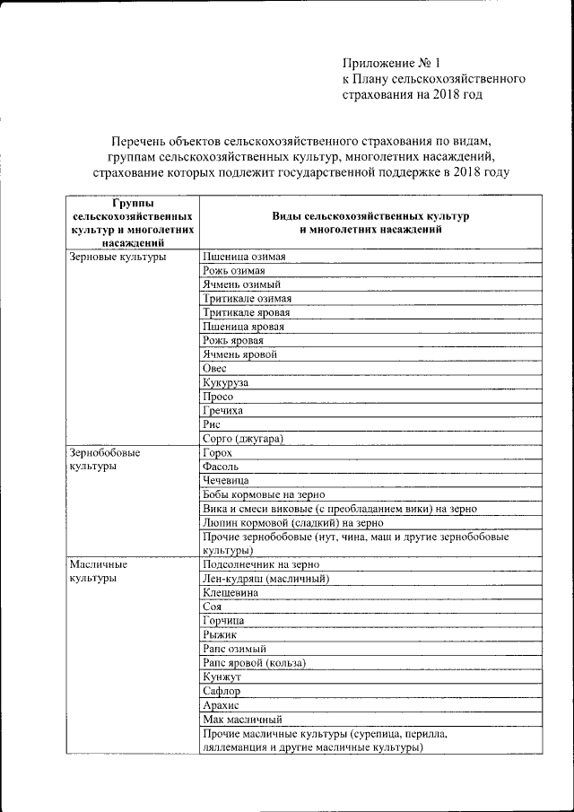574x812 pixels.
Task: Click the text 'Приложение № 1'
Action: pyautogui.click(x=392, y=63)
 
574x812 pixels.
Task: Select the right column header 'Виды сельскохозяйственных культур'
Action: pyautogui.click(x=370, y=223)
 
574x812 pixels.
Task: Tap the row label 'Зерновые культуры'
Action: pyautogui.click(x=118, y=257)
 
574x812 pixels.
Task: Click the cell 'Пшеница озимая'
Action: pyautogui.click(x=245, y=257)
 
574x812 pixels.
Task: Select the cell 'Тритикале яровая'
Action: pyautogui.click(x=247, y=312)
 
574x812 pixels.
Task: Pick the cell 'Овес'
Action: pyautogui.click(x=215, y=368)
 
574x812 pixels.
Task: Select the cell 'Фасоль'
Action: pyautogui.click(x=221, y=467)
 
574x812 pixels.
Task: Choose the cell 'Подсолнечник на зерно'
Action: pyautogui.click(x=261, y=564)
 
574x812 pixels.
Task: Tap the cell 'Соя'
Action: pyautogui.click(x=213, y=607)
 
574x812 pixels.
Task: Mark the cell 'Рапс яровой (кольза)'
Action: pyautogui.click(x=255, y=662)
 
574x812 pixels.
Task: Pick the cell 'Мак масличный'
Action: pyautogui.click(x=243, y=719)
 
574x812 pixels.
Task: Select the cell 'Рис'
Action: pyautogui.click(x=213, y=423)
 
